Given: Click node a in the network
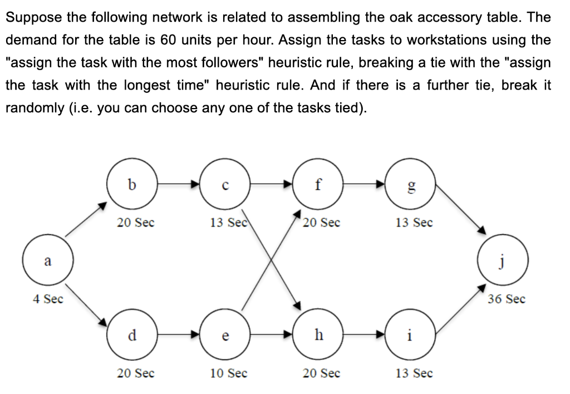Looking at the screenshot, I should pyautogui.click(x=47, y=261).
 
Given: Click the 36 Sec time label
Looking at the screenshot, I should pyautogui.click(x=506, y=299).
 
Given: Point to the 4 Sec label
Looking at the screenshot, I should pyautogui.click(x=47, y=299).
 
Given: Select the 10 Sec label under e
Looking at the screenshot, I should pyautogui.click(x=229, y=373).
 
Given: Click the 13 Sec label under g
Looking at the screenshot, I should pyautogui.click(x=414, y=223).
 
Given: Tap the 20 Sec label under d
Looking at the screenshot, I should pyautogui.click(x=136, y=373).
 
